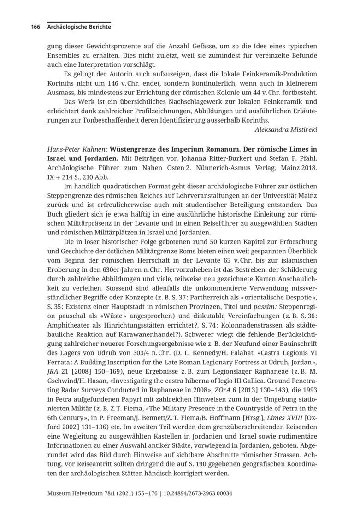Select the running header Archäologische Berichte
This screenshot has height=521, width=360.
coord(79,27)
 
